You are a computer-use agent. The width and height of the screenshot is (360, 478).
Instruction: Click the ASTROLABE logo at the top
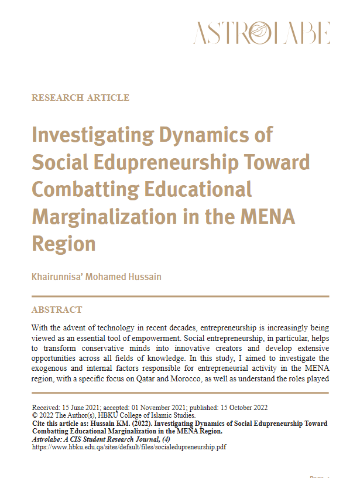tap(262, 33)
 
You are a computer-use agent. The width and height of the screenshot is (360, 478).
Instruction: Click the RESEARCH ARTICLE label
tap(80, 98)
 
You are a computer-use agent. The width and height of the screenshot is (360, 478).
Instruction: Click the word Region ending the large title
tap(64, 243)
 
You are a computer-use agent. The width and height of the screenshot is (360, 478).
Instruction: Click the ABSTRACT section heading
tap(57, 310)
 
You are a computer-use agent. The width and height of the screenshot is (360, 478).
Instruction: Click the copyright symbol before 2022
tap(35, 415)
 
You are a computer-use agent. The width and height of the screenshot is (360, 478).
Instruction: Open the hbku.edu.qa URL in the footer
tap(129, 447)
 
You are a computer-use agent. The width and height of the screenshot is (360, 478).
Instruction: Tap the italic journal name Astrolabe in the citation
tap(49, 439)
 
